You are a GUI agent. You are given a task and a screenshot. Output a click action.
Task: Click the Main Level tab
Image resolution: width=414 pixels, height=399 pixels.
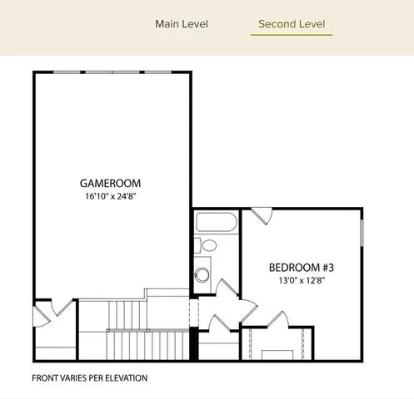click(182, 23)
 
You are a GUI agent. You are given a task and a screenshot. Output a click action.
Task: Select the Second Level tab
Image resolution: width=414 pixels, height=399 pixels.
click(292, 23)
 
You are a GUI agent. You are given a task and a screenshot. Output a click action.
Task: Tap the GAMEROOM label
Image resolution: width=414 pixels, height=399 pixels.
click(110, 183)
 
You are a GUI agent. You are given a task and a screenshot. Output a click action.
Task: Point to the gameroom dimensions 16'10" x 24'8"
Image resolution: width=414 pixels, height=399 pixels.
click(110, 197)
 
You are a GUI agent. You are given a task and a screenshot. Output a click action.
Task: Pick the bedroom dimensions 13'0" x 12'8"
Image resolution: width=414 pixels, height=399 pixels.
click(301, 281)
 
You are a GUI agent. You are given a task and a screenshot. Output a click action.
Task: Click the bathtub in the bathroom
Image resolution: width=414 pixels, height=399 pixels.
click(217, 223)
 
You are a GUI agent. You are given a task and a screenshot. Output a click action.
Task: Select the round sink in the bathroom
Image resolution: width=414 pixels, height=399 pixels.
click(202, 275)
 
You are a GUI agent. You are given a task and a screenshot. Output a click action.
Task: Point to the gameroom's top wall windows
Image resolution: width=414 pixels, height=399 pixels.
click(112, 72)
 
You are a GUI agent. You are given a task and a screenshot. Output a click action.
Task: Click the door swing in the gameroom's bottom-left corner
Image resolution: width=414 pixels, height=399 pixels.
click(43, 316)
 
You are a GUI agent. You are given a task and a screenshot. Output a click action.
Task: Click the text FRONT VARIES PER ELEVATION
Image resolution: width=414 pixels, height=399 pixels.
click(89, 378)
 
